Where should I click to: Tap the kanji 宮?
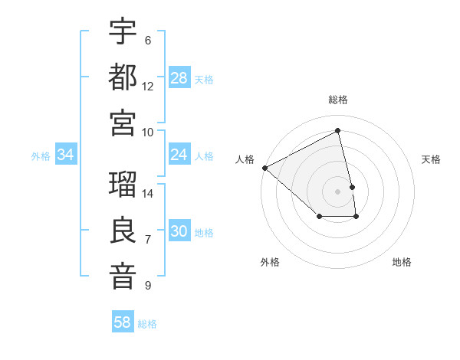pyautogui.click(x=123, y=122)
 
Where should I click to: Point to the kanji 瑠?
pyautogui.click(x=123, y=186)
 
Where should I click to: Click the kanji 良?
pyautogui.click(x=123, y=231)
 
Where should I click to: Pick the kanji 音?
pyautogui.click(x=123, y=277)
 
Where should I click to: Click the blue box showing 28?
pyautogui.click(x=179, y=77)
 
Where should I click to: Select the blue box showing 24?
pyautogui.click(x=179, y=155)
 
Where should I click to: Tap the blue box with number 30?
pyautogui.click(x=179, y=232)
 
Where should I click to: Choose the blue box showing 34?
pyautogui.click(x=65, y=155)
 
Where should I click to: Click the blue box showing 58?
pyautogui.click(x=123, y=322)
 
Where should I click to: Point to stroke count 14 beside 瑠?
pyautogui.click(x=148, y=193)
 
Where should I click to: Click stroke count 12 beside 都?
pyautogui.click(x=148, y=86)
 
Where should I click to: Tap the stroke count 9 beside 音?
pyautogui.click(x=148, y=286)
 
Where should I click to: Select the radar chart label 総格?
pyautogui.click(x=338, y=100)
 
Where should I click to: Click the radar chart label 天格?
pyautogui.click(x=431, y=159)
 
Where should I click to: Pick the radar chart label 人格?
pyautogui.click(x=245, y=159)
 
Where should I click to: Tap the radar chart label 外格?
pyautogui.click(x=270, y=262)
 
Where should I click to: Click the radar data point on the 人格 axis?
pyautogui.click(x=264, y=168)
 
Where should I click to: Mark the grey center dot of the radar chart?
pyautogui.click(x=338, y=191)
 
